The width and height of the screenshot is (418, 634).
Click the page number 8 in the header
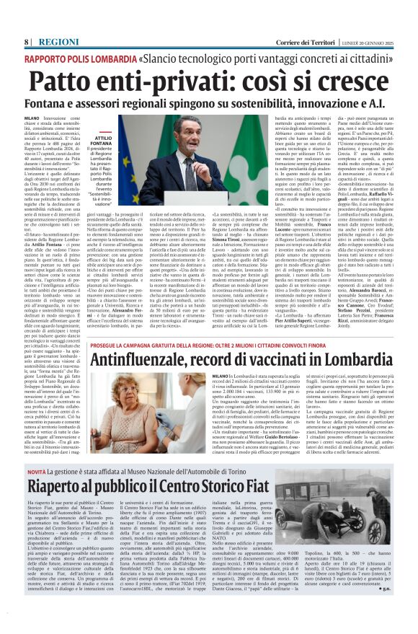tap(26, 42)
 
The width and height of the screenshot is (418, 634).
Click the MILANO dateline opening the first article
tap(32, 116)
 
